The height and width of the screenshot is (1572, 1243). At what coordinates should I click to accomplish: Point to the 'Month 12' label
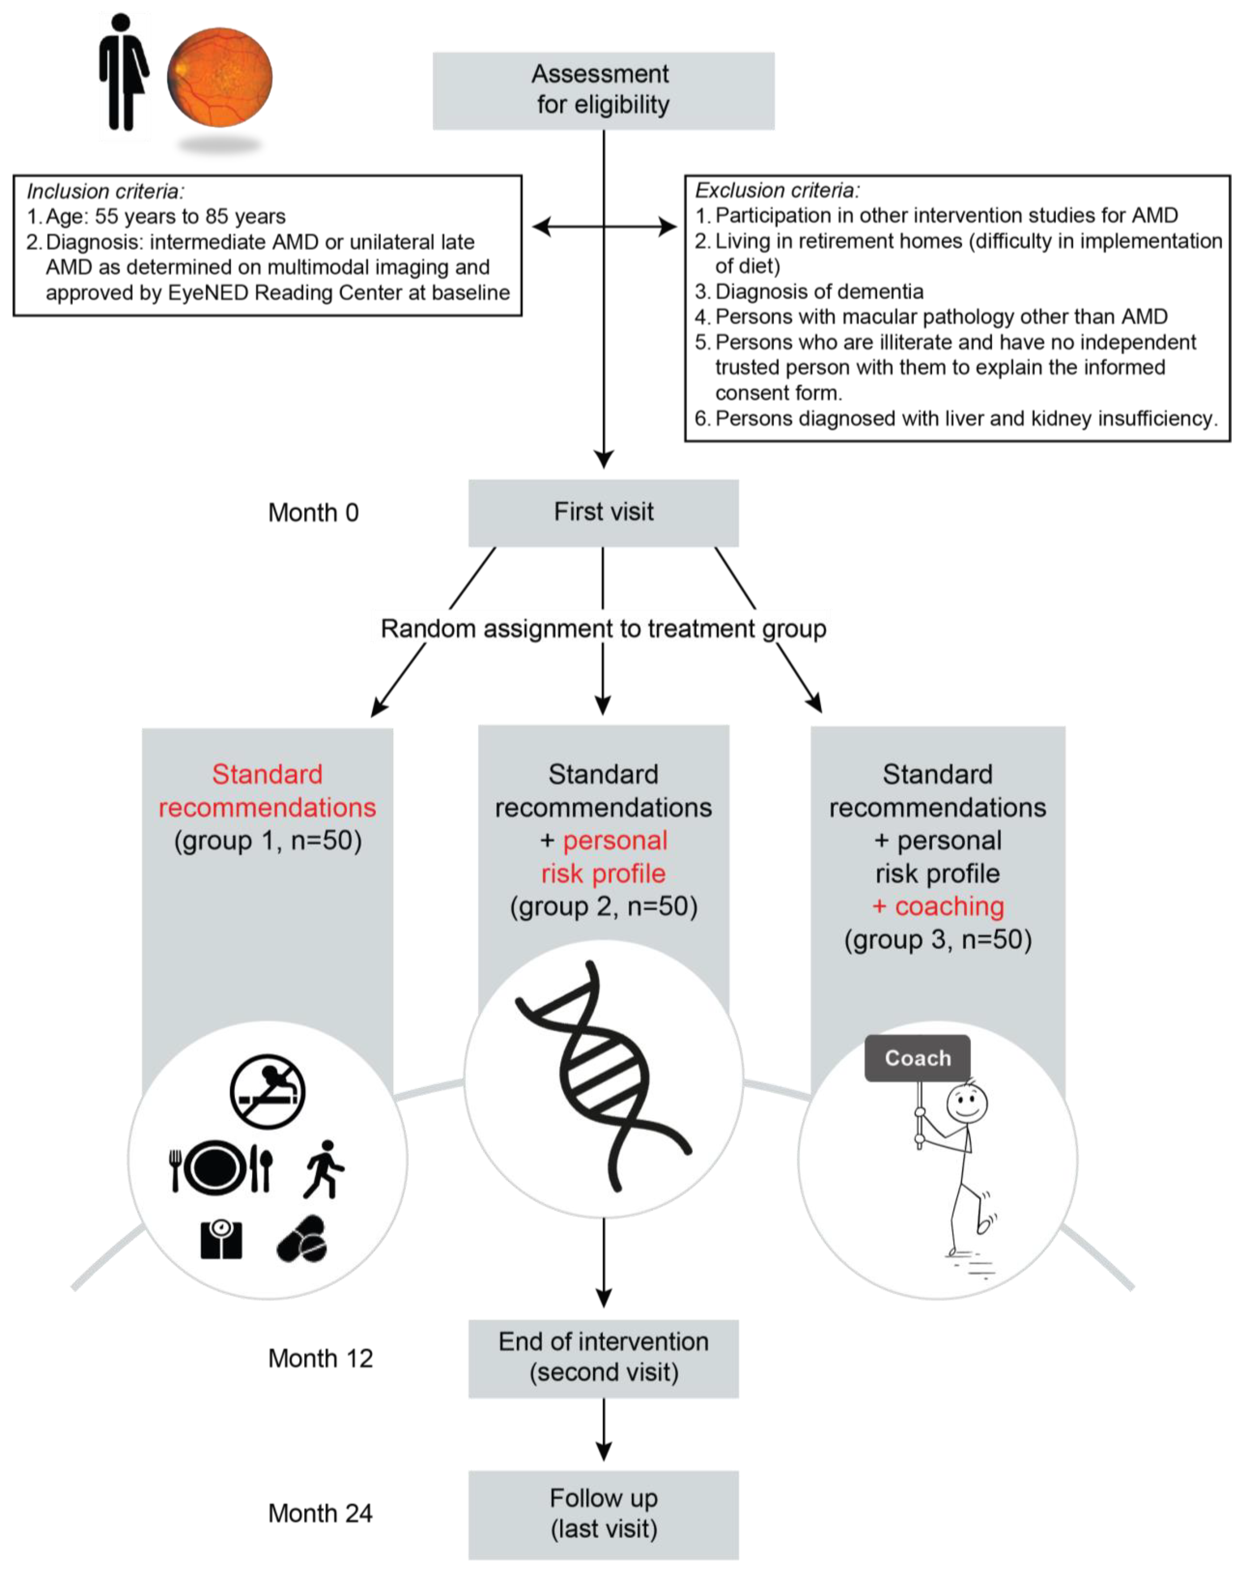click(320, 1358)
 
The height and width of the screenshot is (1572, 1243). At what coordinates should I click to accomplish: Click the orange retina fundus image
click(220, 77)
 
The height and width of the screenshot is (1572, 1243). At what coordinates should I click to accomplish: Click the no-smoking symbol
click(267, 1092)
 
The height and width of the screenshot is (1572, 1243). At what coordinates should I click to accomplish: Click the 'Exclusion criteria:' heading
click(777, 191)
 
